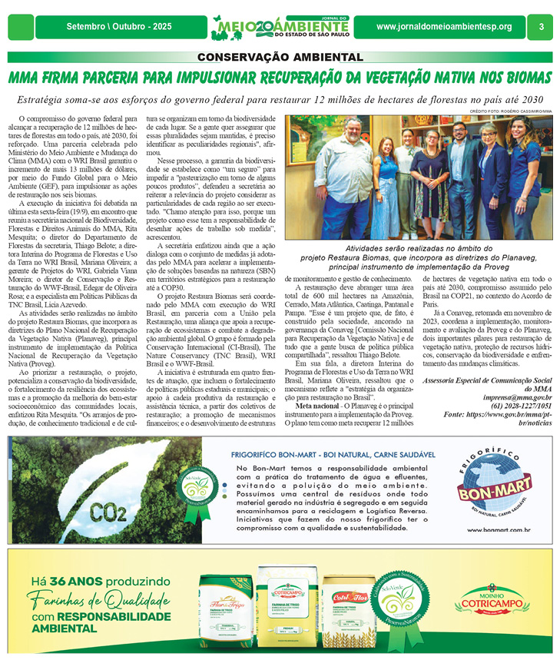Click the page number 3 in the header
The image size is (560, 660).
[541, 27]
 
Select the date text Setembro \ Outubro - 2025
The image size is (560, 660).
[119, 27]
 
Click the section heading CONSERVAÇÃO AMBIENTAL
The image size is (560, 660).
[280, 57]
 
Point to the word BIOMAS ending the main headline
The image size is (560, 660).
[522, 77]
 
